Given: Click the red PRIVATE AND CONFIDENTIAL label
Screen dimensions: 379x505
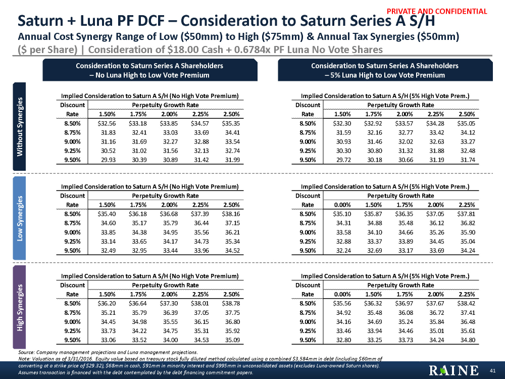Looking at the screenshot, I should tap(444, 11).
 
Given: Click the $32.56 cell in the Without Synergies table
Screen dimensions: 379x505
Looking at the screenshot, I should tap(106, 122).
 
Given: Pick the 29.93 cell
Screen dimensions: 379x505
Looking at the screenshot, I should tap(106, 160).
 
